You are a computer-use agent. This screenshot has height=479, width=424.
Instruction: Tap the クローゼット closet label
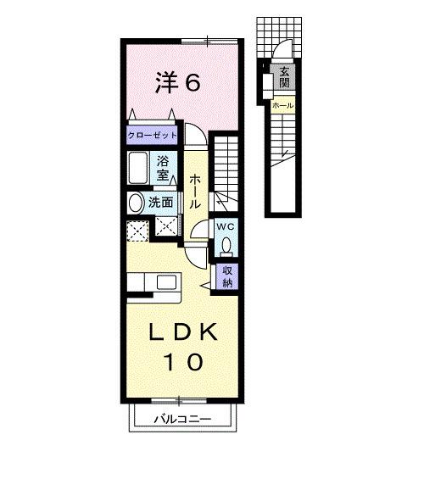[x=153, y=135]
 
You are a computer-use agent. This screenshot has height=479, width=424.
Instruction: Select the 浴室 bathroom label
[x=163, y=168]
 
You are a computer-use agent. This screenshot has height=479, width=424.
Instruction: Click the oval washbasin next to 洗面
[x=136, y=203]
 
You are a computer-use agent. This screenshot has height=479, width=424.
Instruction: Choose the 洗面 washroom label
[x=161, y=203]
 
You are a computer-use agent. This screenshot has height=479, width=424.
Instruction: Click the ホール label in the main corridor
[x=195, y=191]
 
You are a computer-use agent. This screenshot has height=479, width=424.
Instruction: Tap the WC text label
[x=225, y=227]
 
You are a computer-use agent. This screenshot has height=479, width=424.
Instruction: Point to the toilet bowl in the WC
[x=226, y=247]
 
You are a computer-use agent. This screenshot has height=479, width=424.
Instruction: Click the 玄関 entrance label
[x=284, y=78]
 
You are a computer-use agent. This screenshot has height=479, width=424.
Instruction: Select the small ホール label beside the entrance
[x=282, y=104]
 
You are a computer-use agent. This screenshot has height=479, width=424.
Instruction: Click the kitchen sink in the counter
[x=165, y=282]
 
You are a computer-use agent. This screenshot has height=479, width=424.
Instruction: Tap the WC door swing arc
[x=199, y=232]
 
